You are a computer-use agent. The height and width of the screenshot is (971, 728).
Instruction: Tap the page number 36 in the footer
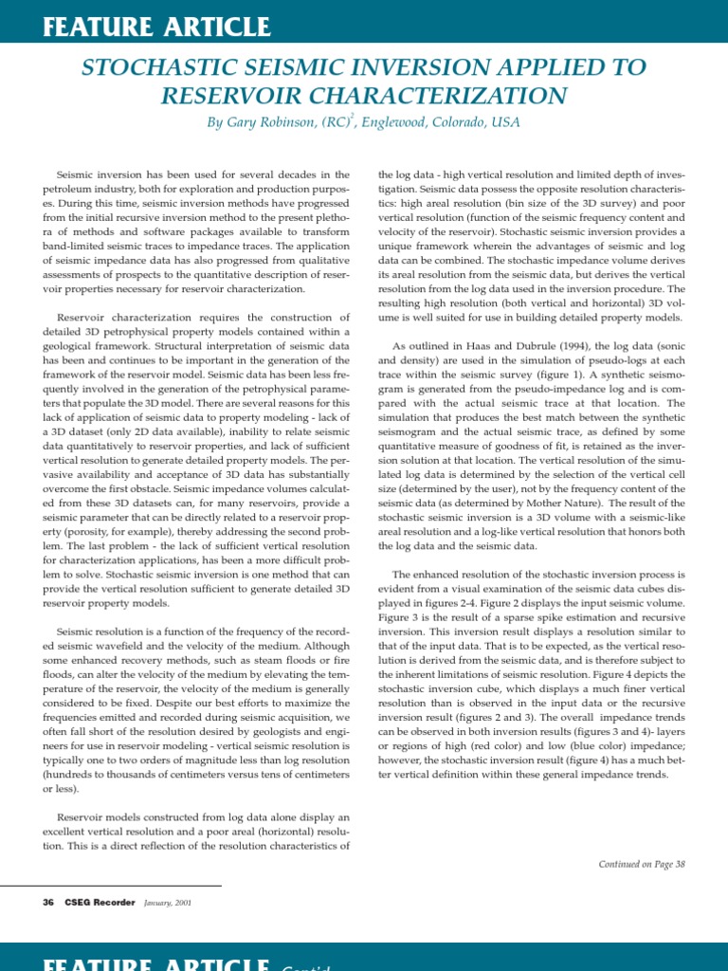click(48, 902)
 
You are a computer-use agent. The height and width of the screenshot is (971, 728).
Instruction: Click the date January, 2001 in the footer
click(168, 902)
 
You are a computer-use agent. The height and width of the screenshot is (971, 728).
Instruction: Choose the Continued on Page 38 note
click(641, 864)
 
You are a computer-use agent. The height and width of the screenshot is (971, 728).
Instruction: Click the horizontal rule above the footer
click(132, 886)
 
